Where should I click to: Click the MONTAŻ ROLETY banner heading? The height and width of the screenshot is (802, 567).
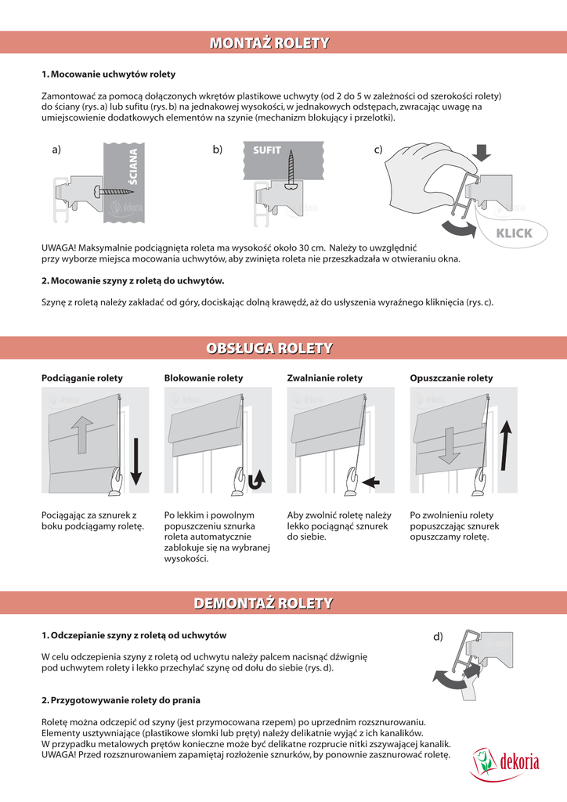pos(269,43)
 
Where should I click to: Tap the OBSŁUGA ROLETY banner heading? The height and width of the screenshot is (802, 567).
pos(269,348)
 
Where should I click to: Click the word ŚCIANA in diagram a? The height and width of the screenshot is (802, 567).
pos(132,171)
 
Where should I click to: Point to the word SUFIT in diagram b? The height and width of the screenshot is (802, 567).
pos(267,149)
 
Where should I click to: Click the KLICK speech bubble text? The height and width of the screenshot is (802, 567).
pos(514,233)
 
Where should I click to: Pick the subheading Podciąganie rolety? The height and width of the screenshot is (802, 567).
pos(82,378)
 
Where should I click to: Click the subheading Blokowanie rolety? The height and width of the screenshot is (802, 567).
pos(204,378)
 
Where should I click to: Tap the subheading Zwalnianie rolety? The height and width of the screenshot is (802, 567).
pos(325,378)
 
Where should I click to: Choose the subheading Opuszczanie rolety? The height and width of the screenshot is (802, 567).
pos(452,378)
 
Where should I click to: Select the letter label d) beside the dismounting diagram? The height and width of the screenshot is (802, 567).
pos(439,638)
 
